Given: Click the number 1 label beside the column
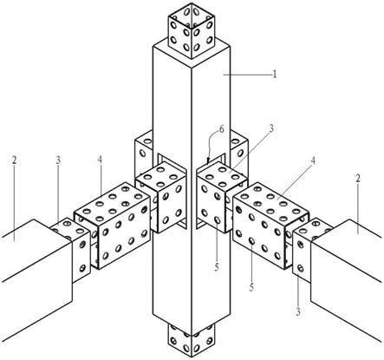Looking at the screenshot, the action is [x=275, y=75].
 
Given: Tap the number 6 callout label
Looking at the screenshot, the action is [x=222, y=129].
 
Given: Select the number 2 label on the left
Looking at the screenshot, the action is [x=15, y=160].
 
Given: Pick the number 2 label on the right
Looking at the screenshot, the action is [x=358, y=179].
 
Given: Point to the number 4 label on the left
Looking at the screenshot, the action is [x=100, y=160].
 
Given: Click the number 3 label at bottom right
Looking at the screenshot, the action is [x=298, y=311].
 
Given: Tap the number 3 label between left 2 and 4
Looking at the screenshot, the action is [x=58, y=160].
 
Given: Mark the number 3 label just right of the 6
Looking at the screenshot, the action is [x=271, y=128].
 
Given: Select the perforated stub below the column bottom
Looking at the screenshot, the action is [x=192, y=340].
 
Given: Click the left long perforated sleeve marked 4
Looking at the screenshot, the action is [x=113, y=226].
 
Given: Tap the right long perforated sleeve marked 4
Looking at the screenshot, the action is [x=271, y=226].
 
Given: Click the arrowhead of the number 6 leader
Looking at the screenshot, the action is [x=208, y=160].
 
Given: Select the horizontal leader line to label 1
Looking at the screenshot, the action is [x=247, y=75].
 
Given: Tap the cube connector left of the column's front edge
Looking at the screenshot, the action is [x=161, y=197].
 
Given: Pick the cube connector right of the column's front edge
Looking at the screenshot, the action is [x=222, y=197].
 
